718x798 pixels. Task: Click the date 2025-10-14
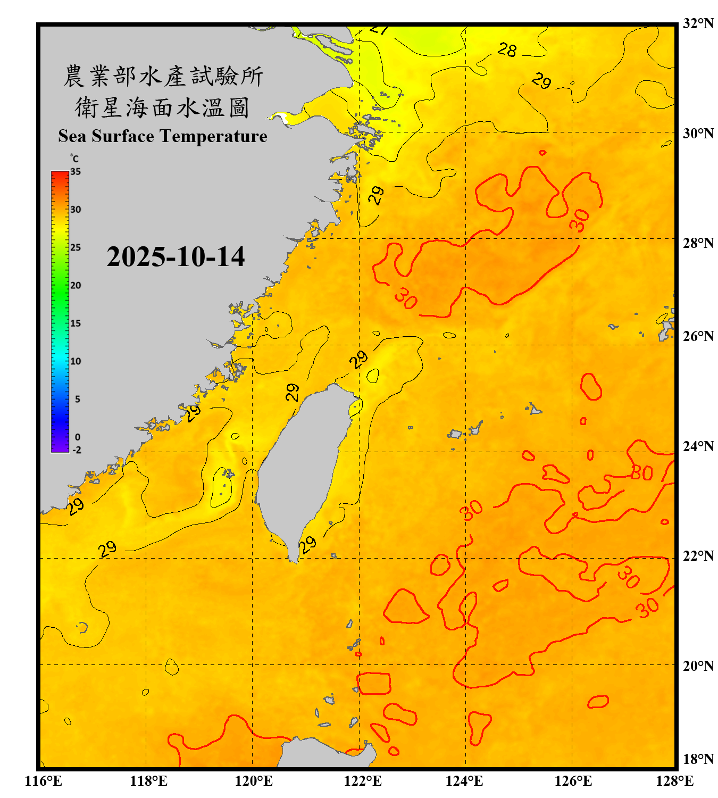point(176,257)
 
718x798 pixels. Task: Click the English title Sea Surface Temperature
point(163,136)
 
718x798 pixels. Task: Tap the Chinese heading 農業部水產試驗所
point(163,76)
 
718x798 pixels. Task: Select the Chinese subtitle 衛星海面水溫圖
point(162,108)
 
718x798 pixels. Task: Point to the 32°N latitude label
point(698,23)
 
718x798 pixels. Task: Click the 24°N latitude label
point(698,446)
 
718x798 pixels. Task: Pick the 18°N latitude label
point(698,759)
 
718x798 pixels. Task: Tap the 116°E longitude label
point(44,781)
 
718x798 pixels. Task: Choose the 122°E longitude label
point(363,781)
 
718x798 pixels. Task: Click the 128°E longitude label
point(674,781)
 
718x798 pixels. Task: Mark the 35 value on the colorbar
point(76,172)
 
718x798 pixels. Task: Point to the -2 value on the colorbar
point(77,450)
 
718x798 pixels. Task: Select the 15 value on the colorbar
point(76,323)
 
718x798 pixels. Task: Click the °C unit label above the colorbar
point(74,159)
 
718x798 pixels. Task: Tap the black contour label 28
point(507,50)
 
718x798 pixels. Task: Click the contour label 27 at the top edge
point(379,29)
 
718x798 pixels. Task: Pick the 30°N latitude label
point(698,133)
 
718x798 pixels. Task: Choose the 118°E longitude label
point(149,781)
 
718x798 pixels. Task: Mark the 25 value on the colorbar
point(76,247)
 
